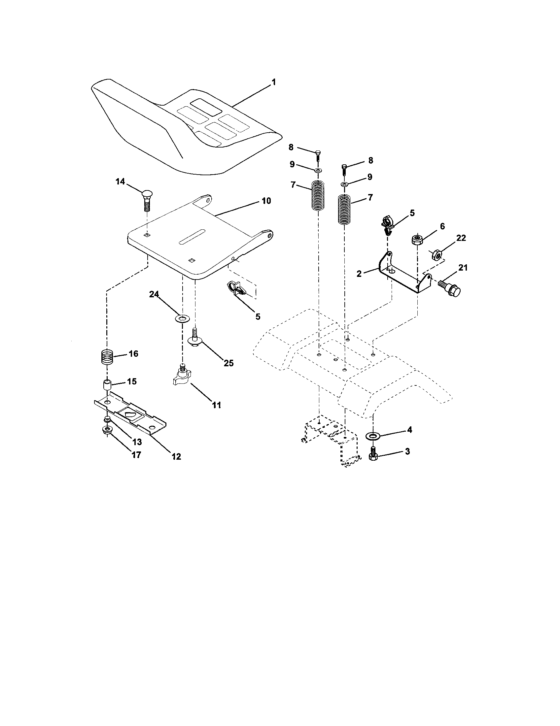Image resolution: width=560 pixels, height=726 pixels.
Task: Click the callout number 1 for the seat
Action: pos(273,82)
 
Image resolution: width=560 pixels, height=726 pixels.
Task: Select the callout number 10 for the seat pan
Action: pos(266,201)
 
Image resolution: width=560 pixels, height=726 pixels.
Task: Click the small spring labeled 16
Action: pos(107,358)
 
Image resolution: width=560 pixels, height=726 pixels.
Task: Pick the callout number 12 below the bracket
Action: pos(176,456)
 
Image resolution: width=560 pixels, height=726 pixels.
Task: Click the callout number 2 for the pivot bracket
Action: pos(359,274)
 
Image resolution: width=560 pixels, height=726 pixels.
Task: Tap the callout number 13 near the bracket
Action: pos(137,442)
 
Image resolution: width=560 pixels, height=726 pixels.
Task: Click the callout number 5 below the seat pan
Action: pos(258,316)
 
